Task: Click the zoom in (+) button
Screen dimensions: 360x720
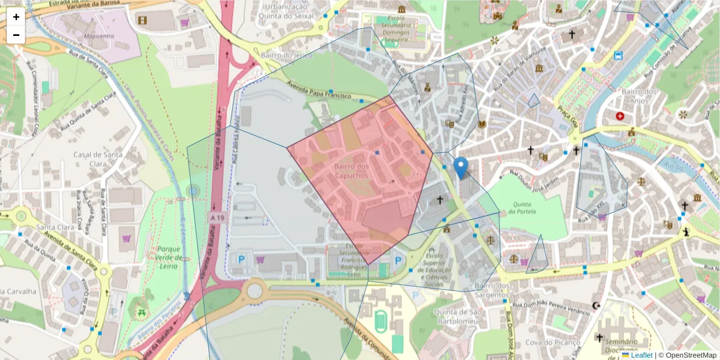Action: (x=16, y=17)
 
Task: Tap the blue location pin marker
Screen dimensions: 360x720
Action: (x=461, y=167)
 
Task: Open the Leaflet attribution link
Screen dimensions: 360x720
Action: (x=641, y=355)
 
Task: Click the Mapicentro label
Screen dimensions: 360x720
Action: (x=99, y=36)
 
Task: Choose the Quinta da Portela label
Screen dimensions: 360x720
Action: (x=520, y=207)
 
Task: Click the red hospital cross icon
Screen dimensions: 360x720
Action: (x=619, y=115)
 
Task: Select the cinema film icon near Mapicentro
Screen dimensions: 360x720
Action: (x=142, y=20)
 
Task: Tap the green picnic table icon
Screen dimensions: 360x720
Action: (x=142, y=311)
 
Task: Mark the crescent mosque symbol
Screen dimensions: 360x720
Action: (x=596, y=305)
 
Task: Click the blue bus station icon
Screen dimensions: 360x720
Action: (x=618, y=56)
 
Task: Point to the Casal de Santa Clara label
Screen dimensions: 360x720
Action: (x=98, y=158)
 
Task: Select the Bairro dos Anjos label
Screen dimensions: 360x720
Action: (x=640, y=95)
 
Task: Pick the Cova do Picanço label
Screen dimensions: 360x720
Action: (x=550, y=343)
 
